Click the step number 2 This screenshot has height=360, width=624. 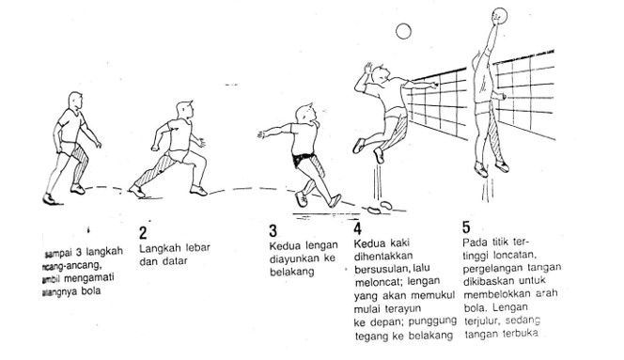[x=144, y=232]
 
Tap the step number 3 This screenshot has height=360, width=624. [x=273, y=231]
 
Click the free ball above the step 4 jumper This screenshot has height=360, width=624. [x=403, y=31]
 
